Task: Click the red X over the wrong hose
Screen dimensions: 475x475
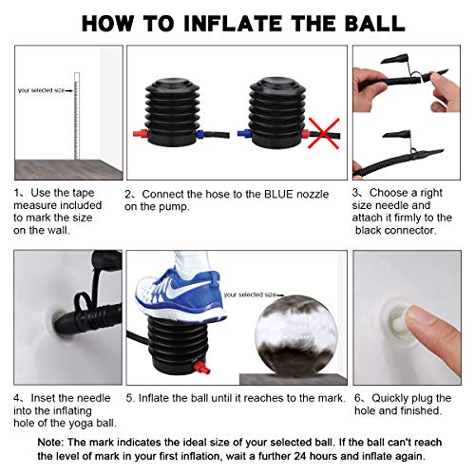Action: pyautogui.click(x=324, y=133)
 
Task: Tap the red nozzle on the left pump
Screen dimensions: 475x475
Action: pyautogui.click(x=141, y=133)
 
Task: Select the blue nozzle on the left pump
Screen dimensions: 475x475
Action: pyautogui.click(x=201, y=134)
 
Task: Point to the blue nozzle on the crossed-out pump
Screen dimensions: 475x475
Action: pyautogui.click(x=243, y=133)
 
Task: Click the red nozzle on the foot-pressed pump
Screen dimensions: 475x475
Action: pyautogui.click(x=201, y=368)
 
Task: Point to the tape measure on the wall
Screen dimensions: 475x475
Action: pyautogui.click(x=76, y=116)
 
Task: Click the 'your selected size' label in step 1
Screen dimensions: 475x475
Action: pyautogui.click(x=41, y=90)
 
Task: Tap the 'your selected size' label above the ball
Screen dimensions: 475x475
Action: pyautogui.click(x=250, y=294)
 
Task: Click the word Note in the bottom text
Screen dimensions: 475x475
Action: pyautogui.click(x=50, y=442)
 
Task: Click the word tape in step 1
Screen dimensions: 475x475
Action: pyautogui.click(x=83, y=193)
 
